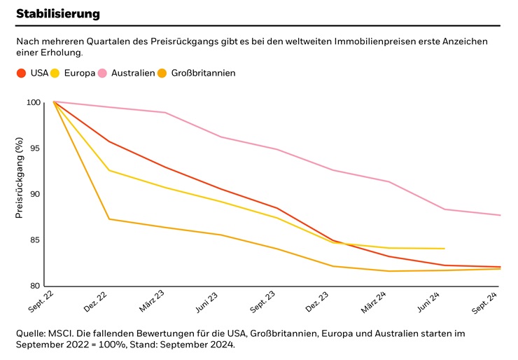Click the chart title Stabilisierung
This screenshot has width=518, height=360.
click(58, 13)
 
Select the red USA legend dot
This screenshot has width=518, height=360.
click(22, 73)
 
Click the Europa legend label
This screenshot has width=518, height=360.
click(79, 73)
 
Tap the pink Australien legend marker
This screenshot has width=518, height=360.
click(102, 73)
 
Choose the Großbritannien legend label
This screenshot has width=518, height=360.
click(203, 73)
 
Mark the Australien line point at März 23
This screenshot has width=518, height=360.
click(165, 112)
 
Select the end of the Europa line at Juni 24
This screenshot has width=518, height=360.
click(444, 249)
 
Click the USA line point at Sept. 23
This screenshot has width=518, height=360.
click(277, 208)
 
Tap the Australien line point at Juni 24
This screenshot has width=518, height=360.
click(444, 209)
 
